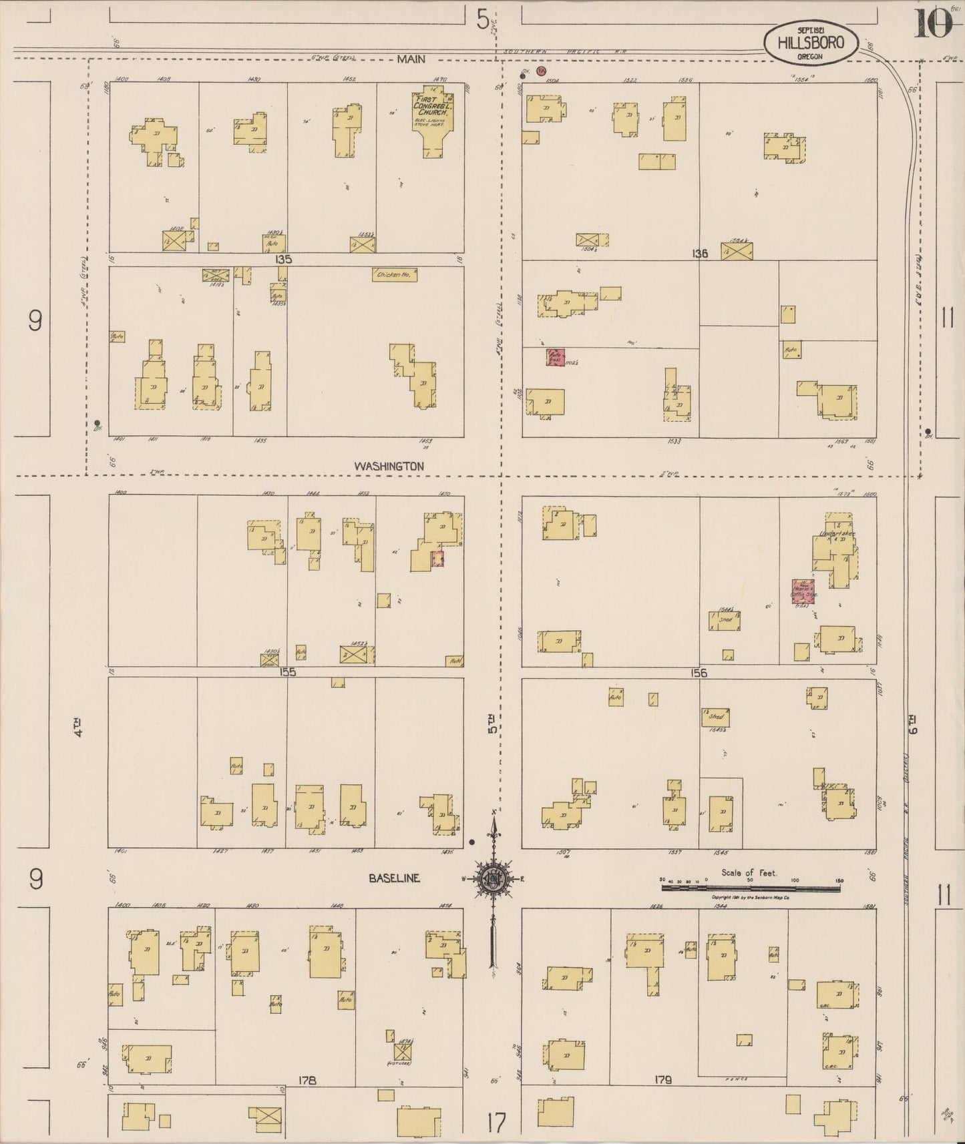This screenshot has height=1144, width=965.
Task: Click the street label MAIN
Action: click(x=411, y=59)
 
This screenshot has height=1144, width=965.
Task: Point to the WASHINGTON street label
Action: click(x=389, y=466)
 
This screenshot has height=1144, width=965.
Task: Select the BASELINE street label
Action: click(x=395, y=878)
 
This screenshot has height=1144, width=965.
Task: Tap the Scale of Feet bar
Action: click(x=750, y=888)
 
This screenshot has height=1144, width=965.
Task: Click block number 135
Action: click(x=283, y=258)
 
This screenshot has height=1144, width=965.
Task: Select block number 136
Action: click(x=699, y=254)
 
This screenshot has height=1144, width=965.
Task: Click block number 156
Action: click(x=699, y=673)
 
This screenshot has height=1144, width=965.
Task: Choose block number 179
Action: click(x=663, y=1079)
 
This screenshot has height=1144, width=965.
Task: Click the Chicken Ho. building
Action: click(x=395, y=274)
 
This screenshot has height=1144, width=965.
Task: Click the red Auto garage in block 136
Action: click(x=556, y=358)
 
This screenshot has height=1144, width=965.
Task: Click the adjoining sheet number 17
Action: click(x=496, y=1122)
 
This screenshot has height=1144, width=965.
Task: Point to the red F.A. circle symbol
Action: click(x=542, y=70)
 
